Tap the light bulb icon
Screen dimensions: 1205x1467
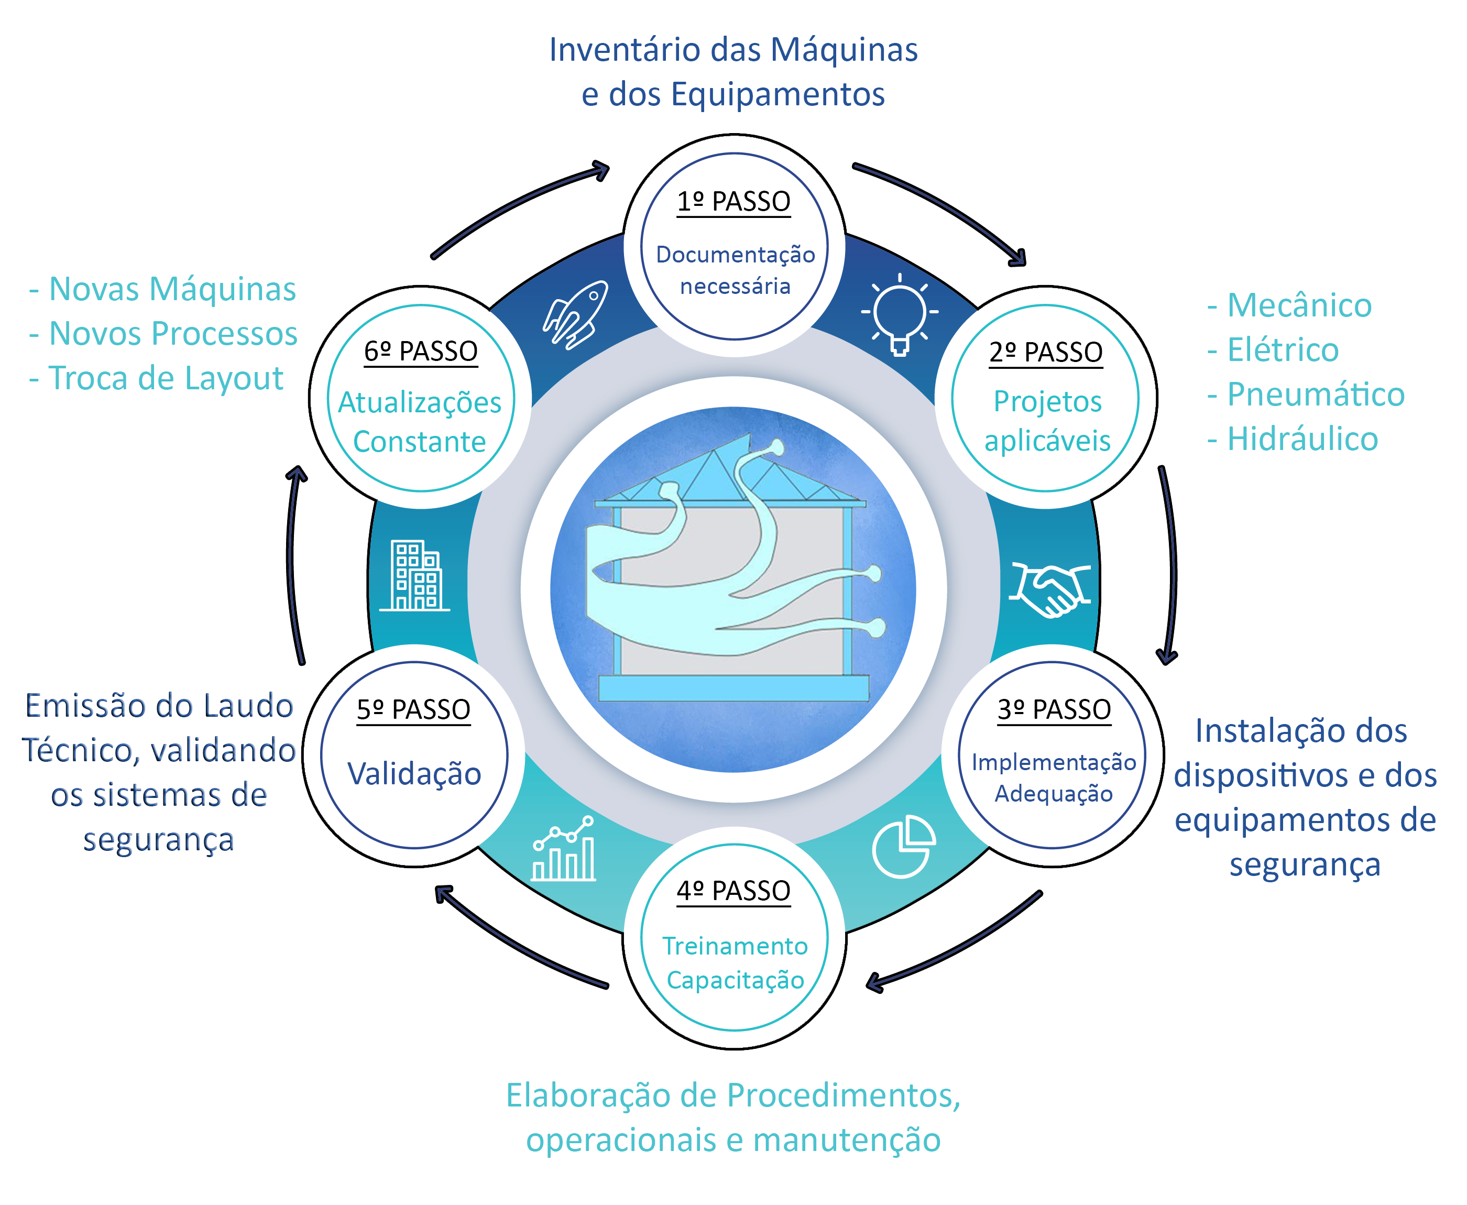click(x=900, y=314)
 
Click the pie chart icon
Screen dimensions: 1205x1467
click(x=903, y=846)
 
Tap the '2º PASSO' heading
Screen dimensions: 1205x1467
click(x=1046, y=353)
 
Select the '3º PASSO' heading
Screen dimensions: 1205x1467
click(x=1054, y=710)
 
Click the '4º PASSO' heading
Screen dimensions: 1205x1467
click(x=733, y=891)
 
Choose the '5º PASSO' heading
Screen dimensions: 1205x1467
click(x=413, y=710)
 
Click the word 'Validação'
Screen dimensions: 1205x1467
click(x=414, y=774)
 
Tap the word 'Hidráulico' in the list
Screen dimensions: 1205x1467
click(x=1302, y=439)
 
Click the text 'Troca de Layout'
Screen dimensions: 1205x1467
click(x=167, y=378)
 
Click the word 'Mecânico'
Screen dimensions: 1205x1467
click(x=1299, y=306)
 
